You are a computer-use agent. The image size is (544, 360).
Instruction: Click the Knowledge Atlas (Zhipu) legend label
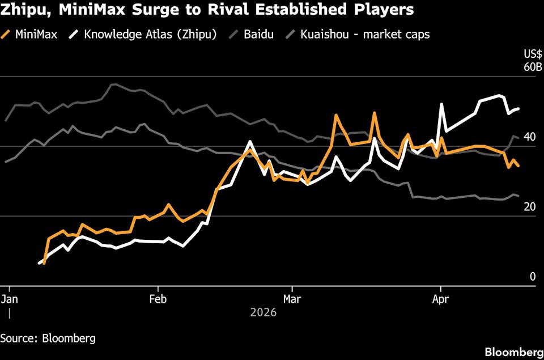(x=150, y=34)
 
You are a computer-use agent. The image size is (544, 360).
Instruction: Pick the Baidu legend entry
(x=259, y=34)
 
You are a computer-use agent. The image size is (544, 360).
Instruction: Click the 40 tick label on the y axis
(x=529, y=137)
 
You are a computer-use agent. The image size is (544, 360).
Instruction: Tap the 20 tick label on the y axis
(x=529, y=207)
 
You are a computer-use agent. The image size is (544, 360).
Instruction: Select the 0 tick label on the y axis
(x=533, y=277)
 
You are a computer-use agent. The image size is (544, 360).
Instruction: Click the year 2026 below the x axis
(x=262, y=312)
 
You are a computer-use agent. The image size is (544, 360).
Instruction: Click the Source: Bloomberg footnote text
(x=48, y=338)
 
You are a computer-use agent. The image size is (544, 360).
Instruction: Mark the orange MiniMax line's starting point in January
(x=44, y=263)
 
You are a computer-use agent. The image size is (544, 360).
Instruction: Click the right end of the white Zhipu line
(x=519, y=108)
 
